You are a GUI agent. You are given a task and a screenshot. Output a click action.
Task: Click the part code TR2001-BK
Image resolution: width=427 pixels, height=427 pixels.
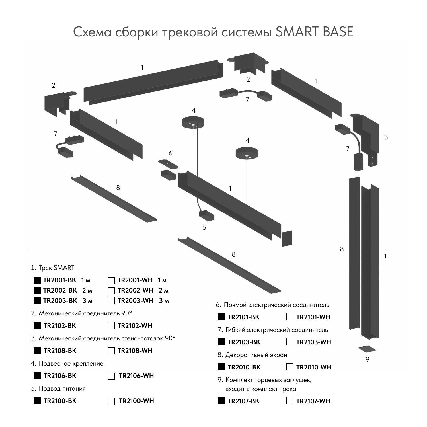(x=60, y=280)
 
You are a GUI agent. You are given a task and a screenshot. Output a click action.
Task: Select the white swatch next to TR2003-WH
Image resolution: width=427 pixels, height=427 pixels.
(x=111, y=301)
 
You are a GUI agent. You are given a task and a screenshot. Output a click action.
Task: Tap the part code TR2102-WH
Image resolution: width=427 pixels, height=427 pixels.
(x=135, y=326)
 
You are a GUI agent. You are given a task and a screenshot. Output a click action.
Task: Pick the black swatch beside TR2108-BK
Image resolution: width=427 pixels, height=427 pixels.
(x=37, y=350)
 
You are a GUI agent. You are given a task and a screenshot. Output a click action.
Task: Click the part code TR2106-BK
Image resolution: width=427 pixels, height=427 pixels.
(x=60, y=376)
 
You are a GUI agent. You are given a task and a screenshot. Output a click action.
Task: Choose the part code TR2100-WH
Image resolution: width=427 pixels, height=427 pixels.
(x=136, y=401)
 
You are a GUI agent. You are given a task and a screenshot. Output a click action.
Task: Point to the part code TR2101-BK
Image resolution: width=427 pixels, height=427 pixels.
(x=243, y=317)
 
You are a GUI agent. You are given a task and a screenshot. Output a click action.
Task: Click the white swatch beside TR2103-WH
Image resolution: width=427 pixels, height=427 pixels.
(x=290, y=342)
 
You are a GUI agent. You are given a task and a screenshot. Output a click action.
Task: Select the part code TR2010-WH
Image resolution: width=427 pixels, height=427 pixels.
(x=314, y=367)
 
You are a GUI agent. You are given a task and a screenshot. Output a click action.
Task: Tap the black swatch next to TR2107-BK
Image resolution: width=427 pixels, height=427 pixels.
(x=222, y=401)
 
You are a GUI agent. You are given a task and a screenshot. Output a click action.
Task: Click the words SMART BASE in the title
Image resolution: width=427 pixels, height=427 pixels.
(x=315, y=32)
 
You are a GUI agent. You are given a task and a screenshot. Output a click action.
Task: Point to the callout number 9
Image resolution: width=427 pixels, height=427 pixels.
(x=367, y=359)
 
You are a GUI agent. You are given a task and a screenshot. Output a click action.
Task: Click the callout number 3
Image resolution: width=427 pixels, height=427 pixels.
(x=386, y=137)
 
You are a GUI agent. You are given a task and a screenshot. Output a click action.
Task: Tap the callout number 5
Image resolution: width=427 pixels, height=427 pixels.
(x=204, y=228)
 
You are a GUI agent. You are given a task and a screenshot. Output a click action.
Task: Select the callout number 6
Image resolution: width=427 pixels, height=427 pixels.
(x=170, y=153)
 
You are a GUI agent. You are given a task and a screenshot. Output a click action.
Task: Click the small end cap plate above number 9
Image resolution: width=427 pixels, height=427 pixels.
(x=367, y=349)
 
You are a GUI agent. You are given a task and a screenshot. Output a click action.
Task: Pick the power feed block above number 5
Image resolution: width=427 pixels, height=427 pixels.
(x=206, y=215)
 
